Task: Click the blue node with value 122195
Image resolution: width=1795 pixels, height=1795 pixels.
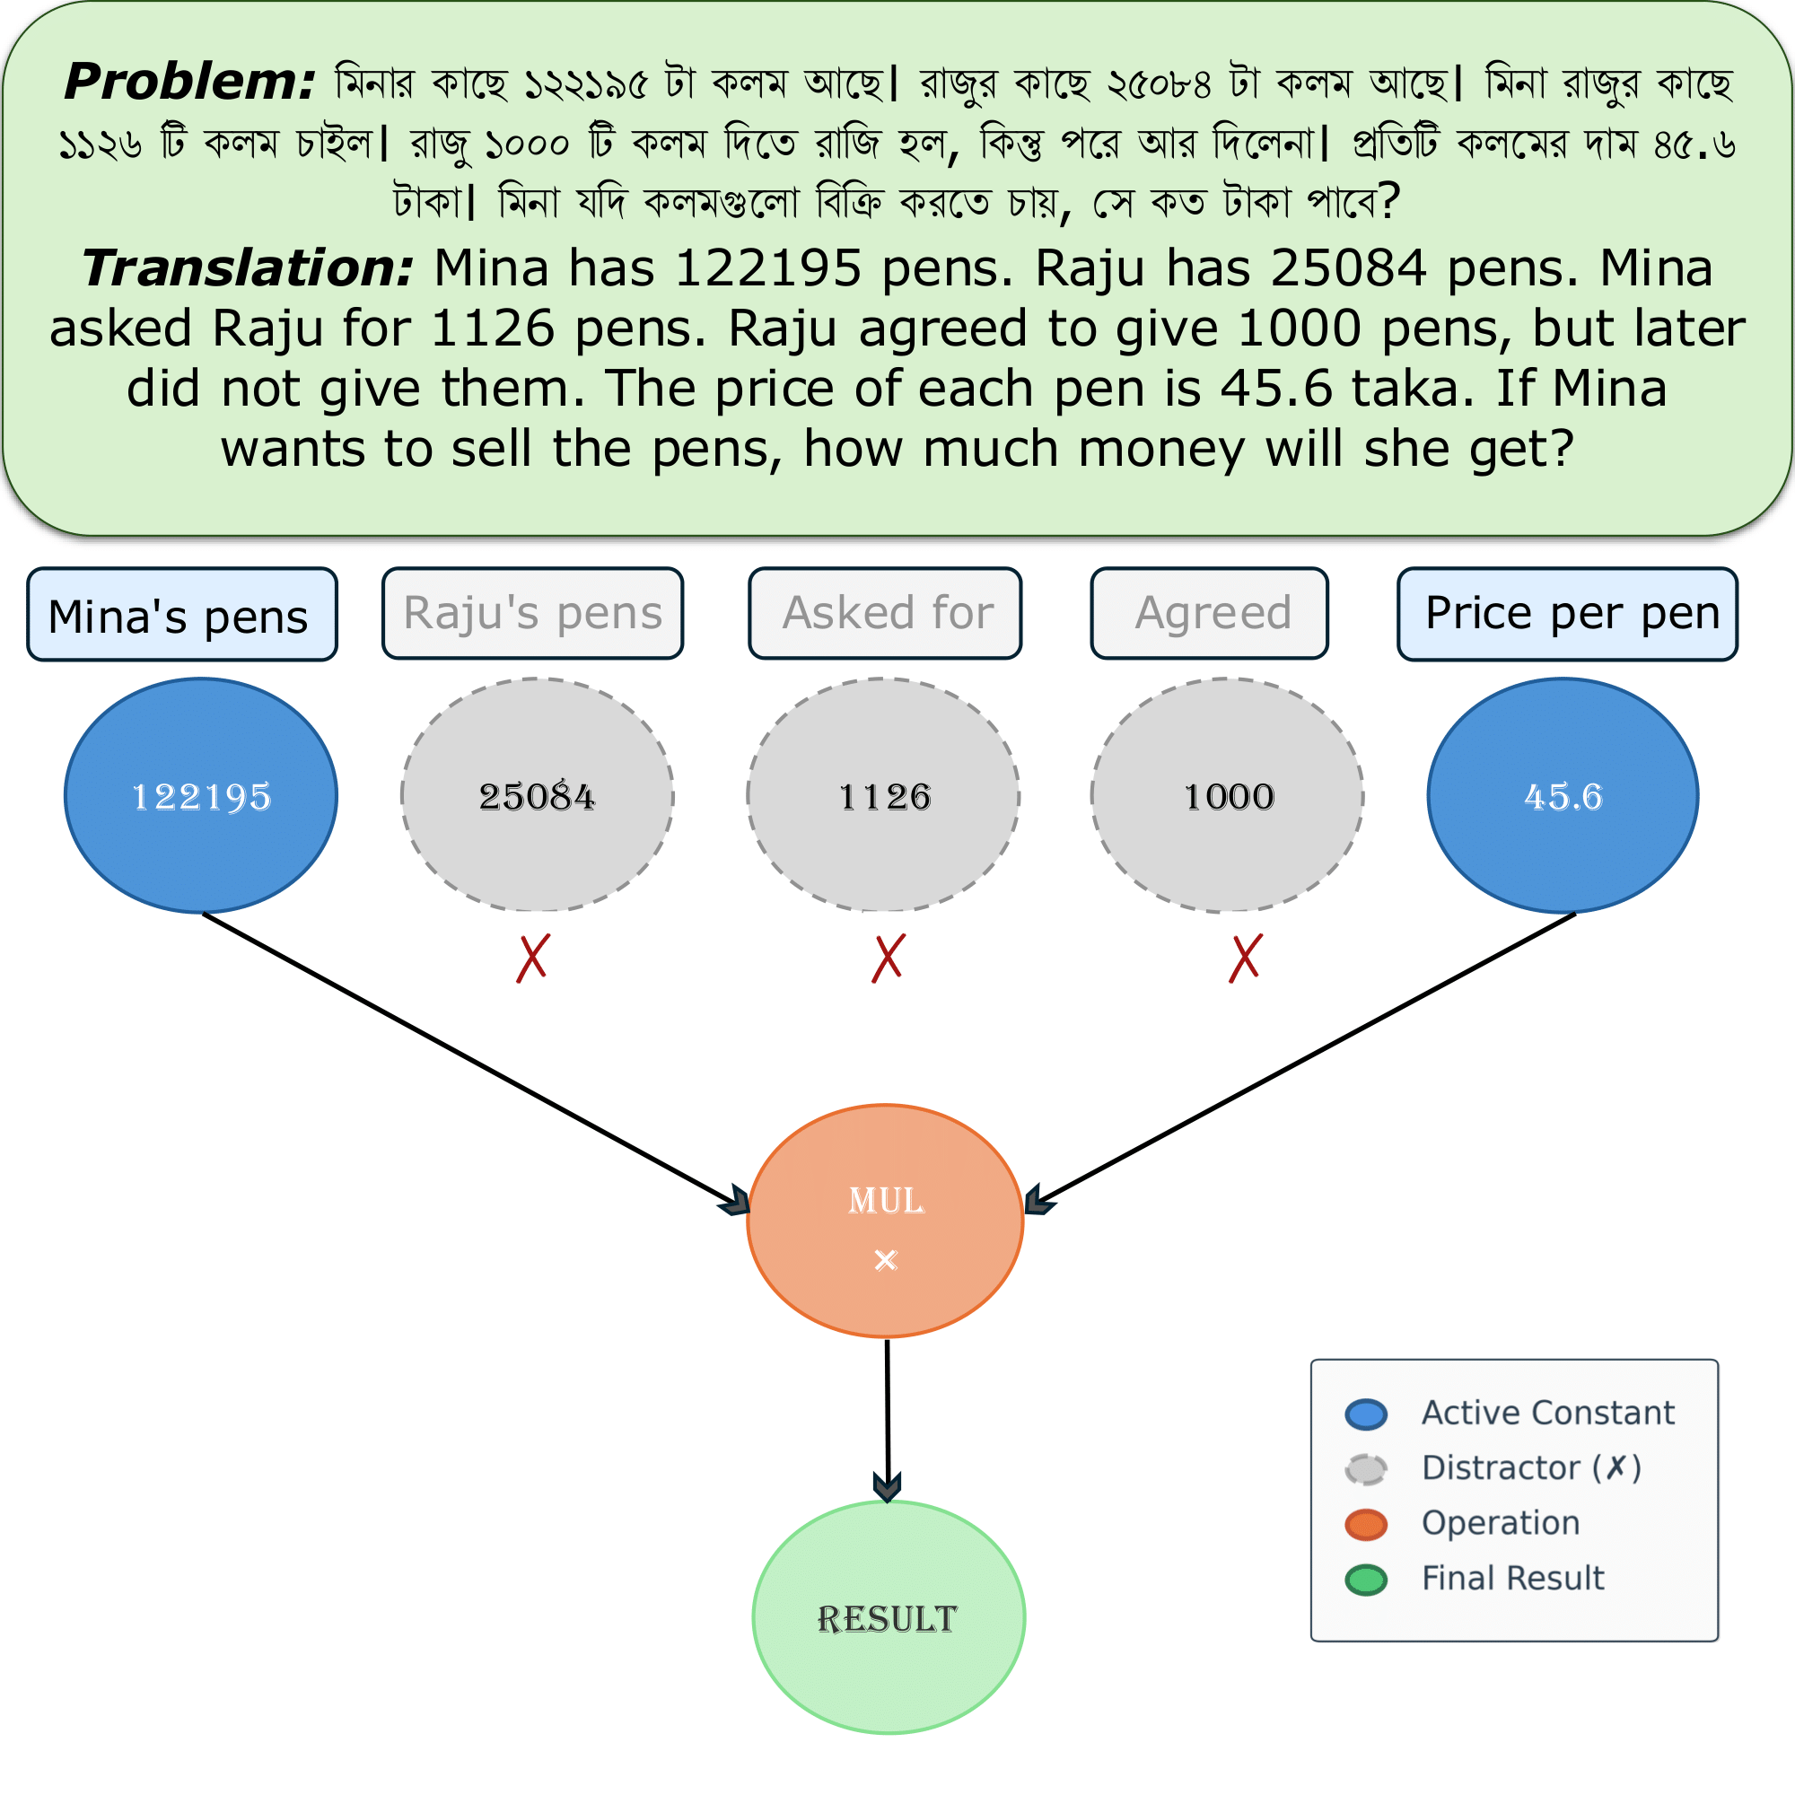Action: coord(201,795)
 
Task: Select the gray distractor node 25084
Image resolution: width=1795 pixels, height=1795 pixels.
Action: coord(537,795)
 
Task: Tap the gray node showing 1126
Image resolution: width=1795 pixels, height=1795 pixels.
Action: coord(883,795)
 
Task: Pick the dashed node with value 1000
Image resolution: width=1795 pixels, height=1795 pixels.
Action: coord(1227,795)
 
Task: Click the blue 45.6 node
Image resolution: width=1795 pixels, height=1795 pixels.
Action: coord(1563,795)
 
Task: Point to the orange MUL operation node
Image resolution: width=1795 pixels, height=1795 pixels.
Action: coord(886,1221)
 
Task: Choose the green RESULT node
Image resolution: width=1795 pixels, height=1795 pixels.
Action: coord(889,1617)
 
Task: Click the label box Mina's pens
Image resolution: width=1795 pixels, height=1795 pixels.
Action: coord(182,615)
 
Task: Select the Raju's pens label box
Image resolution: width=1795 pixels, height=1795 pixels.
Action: coord(532,613)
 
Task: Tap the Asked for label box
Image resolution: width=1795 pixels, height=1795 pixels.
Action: coord(886,613)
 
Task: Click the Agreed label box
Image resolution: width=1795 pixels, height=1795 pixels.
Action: coord(1210,613)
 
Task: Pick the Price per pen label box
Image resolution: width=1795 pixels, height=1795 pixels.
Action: coord(1567,614)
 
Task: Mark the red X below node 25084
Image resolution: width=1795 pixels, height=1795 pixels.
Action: coord(533,958)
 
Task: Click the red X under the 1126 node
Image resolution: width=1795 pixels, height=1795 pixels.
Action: coord(889,958)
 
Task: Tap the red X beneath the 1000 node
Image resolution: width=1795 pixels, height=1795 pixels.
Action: coord(1245,958)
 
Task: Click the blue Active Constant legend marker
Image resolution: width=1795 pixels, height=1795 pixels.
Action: coord(1366,1414)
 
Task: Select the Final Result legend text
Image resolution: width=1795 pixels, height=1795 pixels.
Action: coord(1512,1579)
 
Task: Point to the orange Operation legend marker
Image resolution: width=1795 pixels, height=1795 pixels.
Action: coord(1366,1525)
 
